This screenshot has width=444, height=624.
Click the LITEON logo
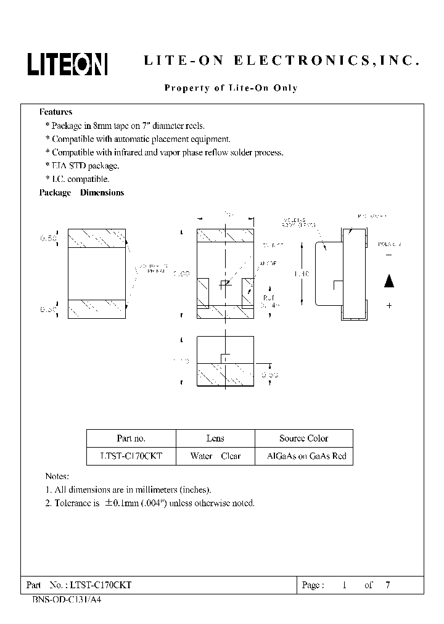(x=67, y=64)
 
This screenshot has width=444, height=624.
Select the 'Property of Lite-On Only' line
(x=231, y=88)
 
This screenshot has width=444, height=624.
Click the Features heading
(x=55, y=112)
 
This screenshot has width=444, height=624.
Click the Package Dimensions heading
(x=81, y=193)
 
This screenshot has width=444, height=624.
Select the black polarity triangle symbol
(x=388, y=281)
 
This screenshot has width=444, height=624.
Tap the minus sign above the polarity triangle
(x=388, y=255)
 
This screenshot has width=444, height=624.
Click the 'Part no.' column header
(x=131, y=438)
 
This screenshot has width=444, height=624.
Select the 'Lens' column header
(x=215, y=438)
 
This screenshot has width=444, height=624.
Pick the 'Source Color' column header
(x=303, y=438)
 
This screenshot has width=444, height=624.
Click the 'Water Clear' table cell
(x=215, y=457)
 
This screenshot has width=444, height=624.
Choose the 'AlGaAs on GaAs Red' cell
(x=306, y=457)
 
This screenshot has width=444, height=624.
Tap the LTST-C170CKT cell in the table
(x=131, y=457)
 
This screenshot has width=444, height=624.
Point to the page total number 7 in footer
(x=387, y=585)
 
